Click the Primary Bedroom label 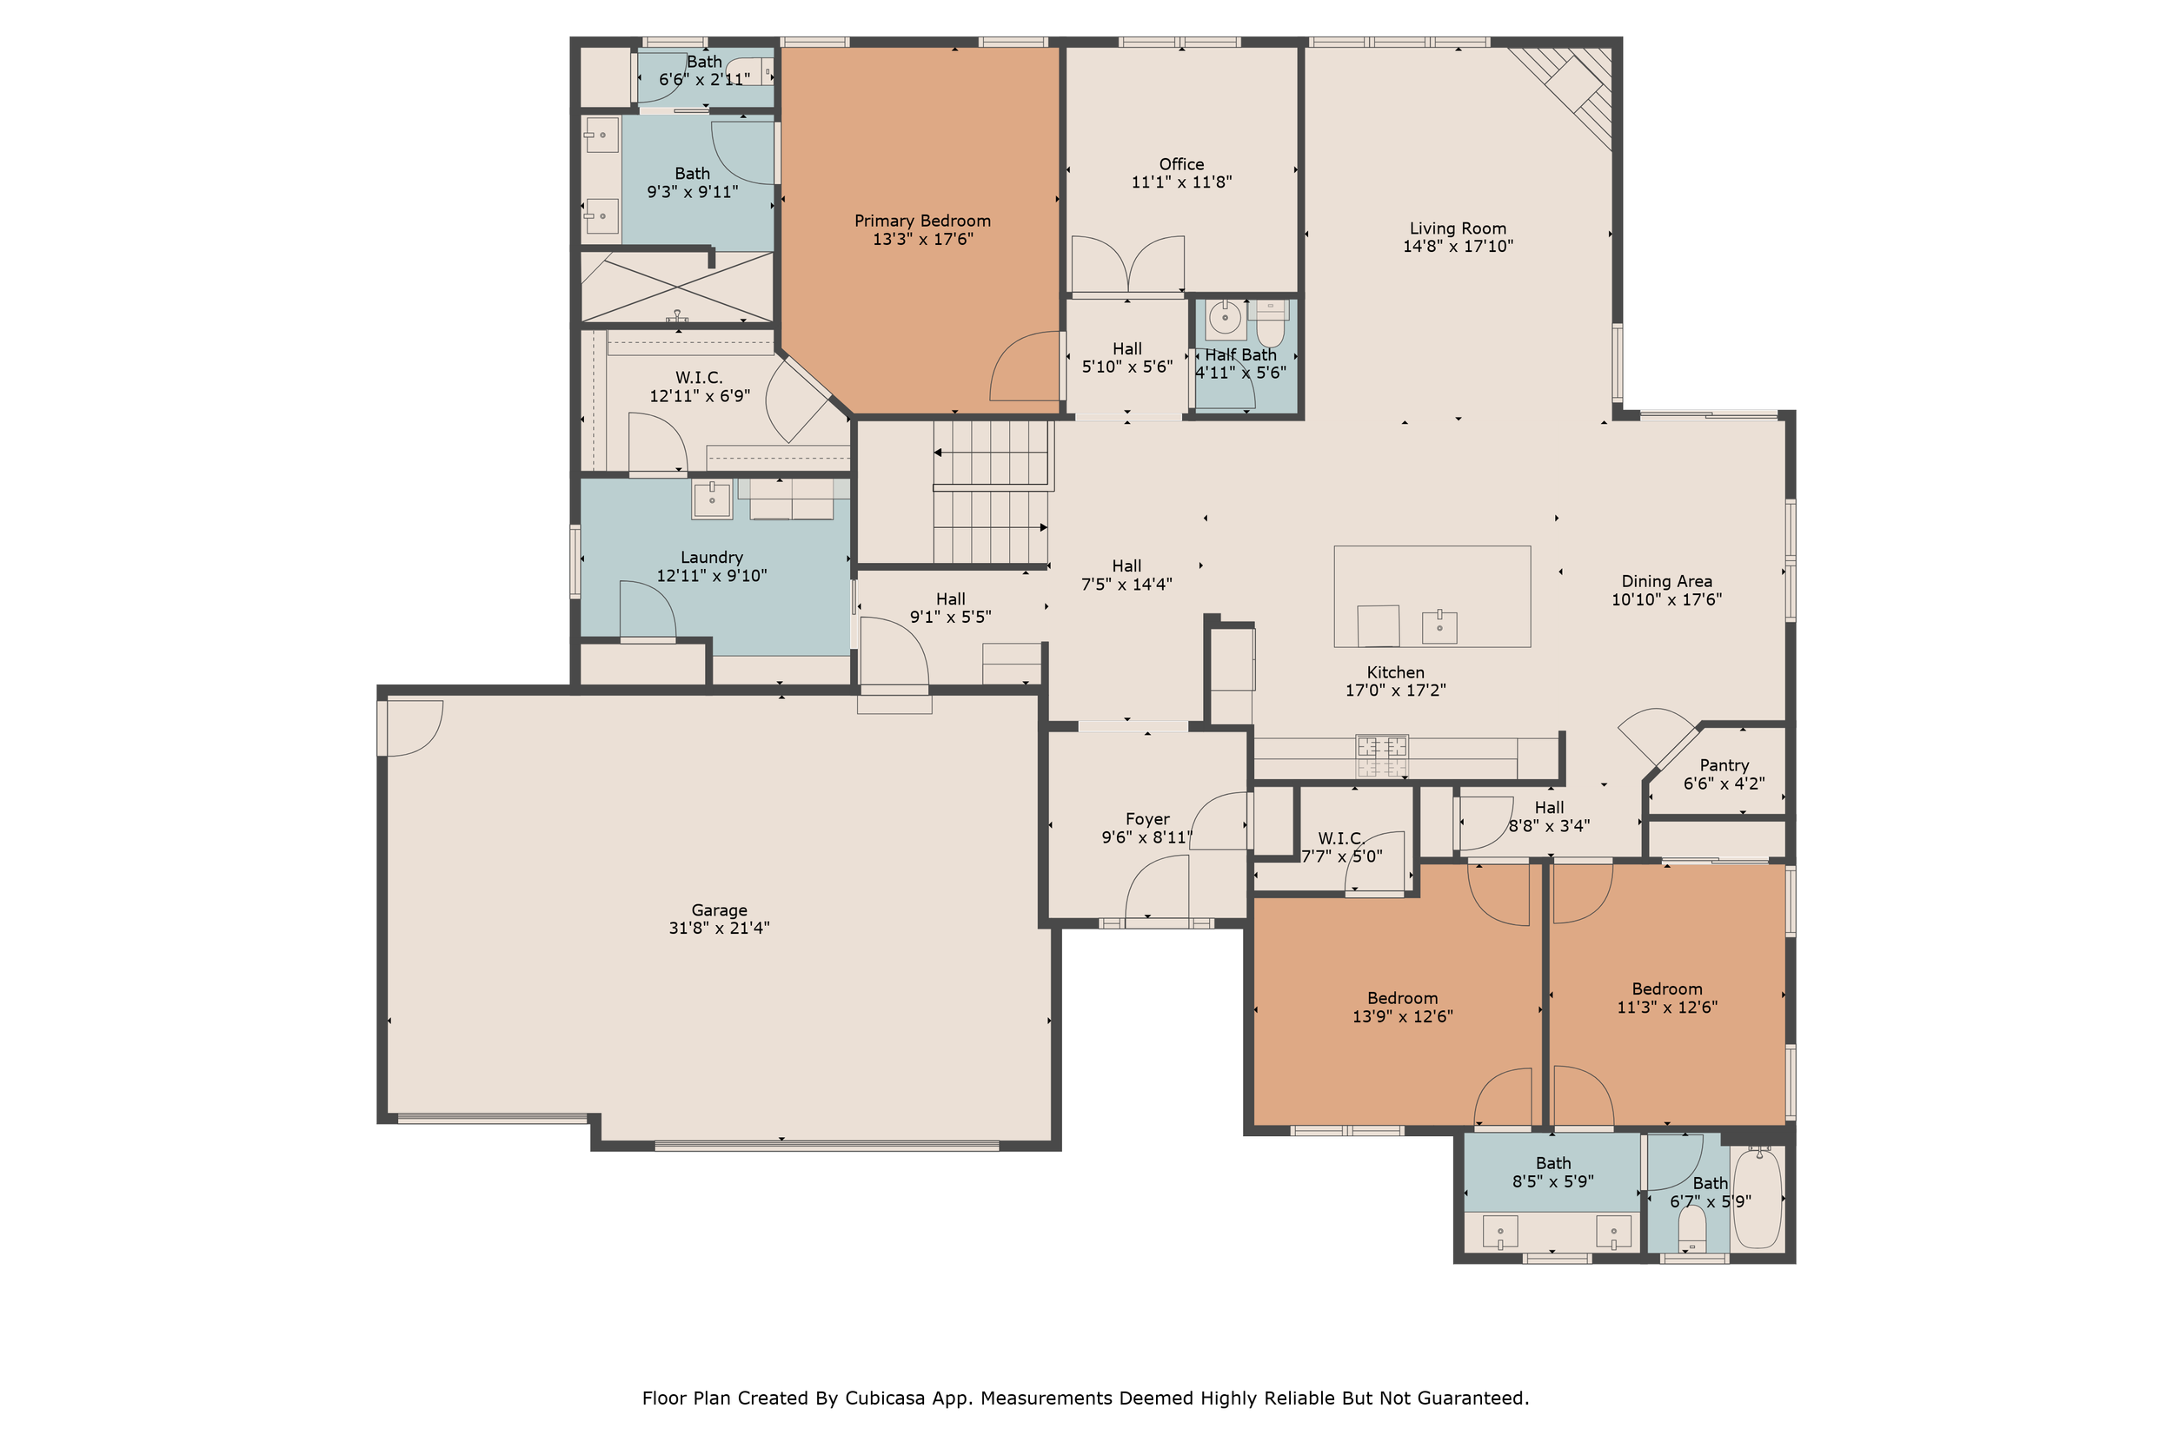(x=922, y=221)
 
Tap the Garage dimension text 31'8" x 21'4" (x=719, y=928)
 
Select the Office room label (x=1181, y=164)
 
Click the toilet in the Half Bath (x=1272, y=322)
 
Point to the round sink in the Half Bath (x=1225, y=320)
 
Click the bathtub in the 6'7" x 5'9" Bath (x=1758, y=1198)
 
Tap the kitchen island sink (x=1439, y=627)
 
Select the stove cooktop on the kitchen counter (x=1381, y=756)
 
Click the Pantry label (x=1724, y=765)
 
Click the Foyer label (x=1147, y=820)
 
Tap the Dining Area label (x=1667, y=582)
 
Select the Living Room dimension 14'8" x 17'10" (x=1458, y=247)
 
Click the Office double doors (x=1128, y=266)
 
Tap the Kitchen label (x=1395, y=673)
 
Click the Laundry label (x=711, y=558)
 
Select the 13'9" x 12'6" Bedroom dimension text (x=1403, y=1017)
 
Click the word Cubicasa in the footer (x=886, y=1398)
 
